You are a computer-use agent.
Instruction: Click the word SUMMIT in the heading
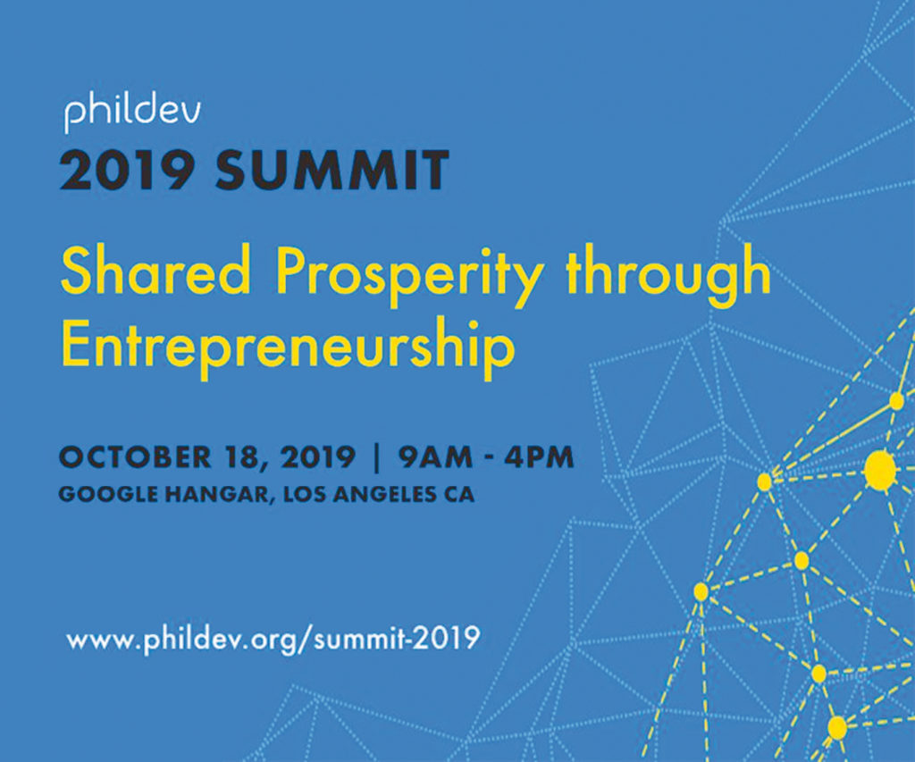332,170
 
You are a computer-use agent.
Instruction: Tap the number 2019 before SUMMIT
127,170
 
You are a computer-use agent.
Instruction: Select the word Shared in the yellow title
155,270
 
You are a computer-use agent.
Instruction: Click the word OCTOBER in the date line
136,456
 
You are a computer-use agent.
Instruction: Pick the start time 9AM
435,456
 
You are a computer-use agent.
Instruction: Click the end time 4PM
540,456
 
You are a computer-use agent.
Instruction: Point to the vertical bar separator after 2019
377,458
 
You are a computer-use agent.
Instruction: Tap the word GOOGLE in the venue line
108,495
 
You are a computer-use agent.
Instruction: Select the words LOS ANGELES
359,495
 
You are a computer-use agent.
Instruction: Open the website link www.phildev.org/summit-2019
273,640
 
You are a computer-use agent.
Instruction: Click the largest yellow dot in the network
880,470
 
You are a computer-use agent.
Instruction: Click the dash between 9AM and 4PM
489,458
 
